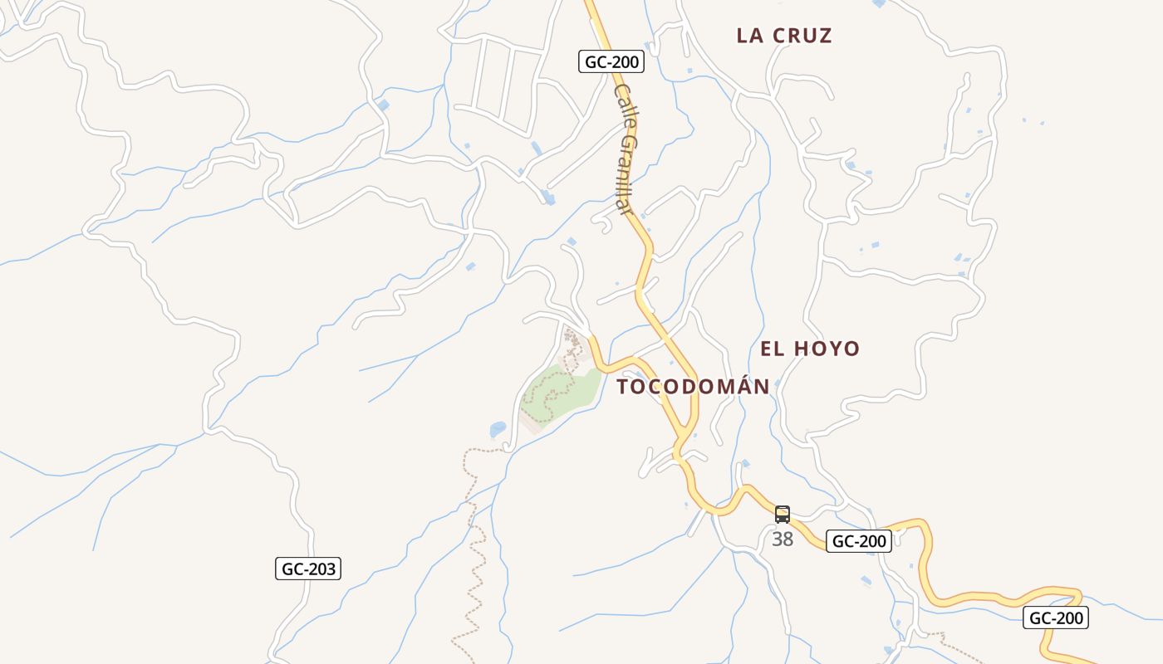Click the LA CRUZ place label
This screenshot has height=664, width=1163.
[x=784, y=36]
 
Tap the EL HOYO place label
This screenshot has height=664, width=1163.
[x=810, y=349]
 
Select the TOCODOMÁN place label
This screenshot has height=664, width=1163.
[x=694, y=387]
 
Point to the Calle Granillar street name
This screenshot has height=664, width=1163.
[x=626, y=149]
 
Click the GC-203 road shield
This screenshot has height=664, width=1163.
[x=308, y=569]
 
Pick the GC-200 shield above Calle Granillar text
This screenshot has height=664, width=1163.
[x=611, y=61]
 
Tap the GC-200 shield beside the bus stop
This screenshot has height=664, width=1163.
[x=859, y=541]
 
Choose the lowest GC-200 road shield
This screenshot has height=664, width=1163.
[x=1055, y=618]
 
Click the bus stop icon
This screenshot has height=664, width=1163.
[x=783, y=515]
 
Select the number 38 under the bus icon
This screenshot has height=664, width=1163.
[x=783, y=539]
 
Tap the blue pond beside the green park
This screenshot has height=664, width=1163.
[x=498, y=429]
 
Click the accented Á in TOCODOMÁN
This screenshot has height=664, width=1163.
[x=738, y=386]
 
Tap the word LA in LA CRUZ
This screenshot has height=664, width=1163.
[x=749, y=36]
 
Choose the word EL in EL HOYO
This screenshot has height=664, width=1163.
[x=772, y=349]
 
